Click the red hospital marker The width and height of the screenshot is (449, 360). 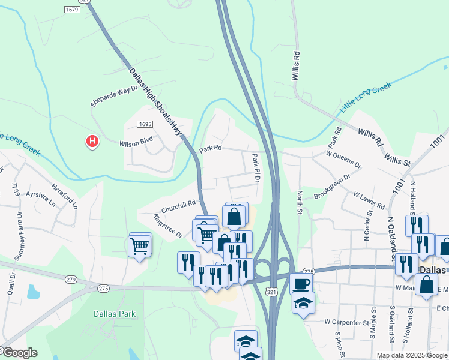[x=92, y=142]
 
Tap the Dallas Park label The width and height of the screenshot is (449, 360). [x=114, y=313]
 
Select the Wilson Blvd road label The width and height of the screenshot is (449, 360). [x=136, y=142]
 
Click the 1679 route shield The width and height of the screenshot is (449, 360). [x=71, y=10]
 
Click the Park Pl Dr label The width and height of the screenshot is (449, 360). [x=256, y=168]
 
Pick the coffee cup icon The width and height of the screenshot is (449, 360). [x=301, y=283]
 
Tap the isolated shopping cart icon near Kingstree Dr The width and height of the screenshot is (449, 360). [x=140, y=245]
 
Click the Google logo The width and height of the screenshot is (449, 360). [x=19, y=353]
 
